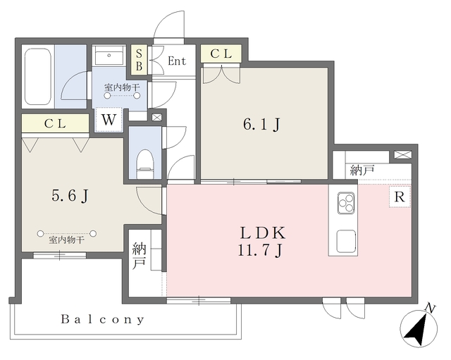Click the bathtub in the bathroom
[x=38, y=77]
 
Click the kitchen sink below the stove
[x=346, y=240]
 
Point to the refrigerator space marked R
[x=400, y=197]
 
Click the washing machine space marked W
[x=109, y=120]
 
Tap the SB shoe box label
[x=139, y=59]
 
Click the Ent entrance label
[x=177, y=61]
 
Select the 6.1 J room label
[x=261, y=125]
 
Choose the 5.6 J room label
[x=70, y=196]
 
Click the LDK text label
[x=263, y=233]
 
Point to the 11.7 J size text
[x=260, y=250]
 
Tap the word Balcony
[x=102, y=319]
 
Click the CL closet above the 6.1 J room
[x=221, y=54]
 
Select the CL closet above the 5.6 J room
[x=55, y=124]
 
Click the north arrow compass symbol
[x=419, y=327]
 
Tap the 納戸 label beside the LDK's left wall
[x=139, y=256]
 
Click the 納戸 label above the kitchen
[x=362, y=170]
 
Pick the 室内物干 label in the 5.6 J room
[x=66, y=240]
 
